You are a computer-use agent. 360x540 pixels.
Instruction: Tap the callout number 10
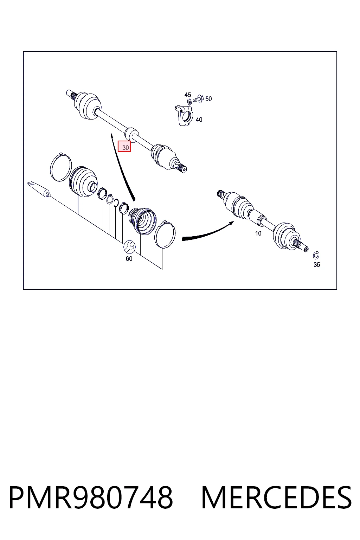(258, 233)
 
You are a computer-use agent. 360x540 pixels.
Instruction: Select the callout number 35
(317, 264)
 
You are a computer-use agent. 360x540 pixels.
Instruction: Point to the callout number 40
(199, 120)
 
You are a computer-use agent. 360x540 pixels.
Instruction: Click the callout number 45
(188, 95)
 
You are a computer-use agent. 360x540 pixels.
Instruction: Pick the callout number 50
(208, 99)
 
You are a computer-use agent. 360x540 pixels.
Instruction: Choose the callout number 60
(129, 259)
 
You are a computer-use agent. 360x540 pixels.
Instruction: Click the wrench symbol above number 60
(129, 247)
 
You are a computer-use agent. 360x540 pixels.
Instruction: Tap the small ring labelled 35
(316, 255)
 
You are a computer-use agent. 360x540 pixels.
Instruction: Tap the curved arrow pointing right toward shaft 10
(207, 232)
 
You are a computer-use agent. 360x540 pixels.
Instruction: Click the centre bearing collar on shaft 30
(132, 133)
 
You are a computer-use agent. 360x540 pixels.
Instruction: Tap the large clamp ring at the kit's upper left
(61, 166)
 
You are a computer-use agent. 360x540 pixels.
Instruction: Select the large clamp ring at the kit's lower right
(165, 234)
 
